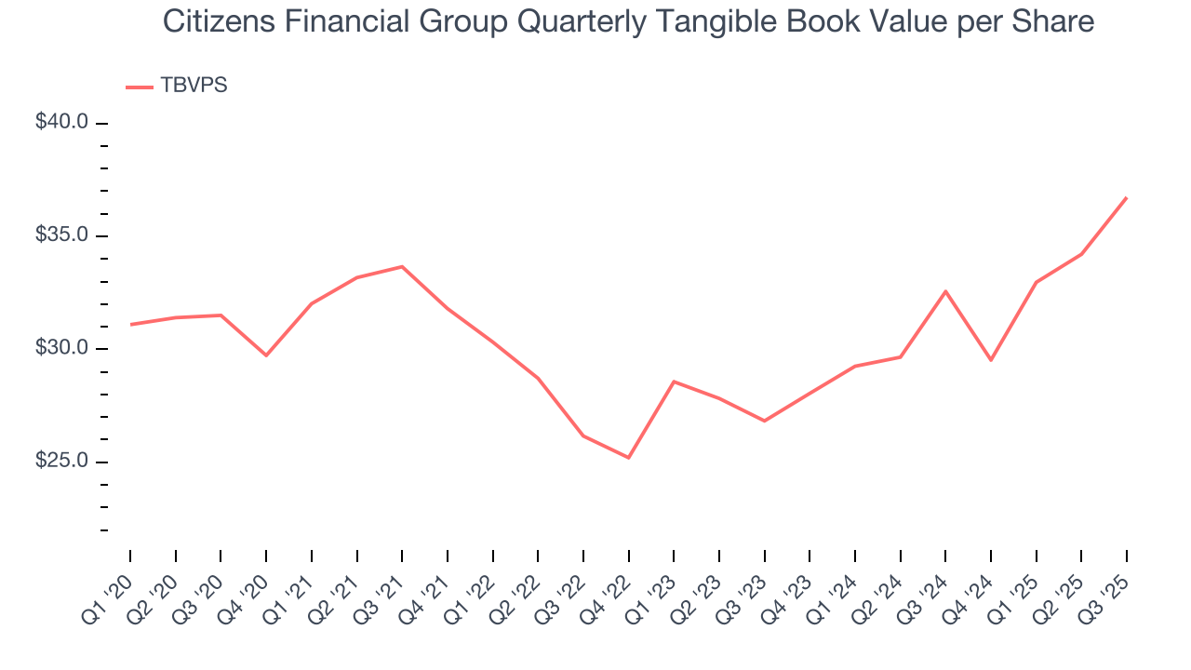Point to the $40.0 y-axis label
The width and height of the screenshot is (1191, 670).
[x=61, y=122]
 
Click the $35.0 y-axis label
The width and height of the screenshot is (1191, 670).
[x=61, y=235]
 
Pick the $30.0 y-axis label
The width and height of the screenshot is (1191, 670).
[x=61, y=348]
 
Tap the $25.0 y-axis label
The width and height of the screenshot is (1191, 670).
[x=61, y=462]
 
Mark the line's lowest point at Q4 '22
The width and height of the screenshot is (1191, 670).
[x=629, y=458]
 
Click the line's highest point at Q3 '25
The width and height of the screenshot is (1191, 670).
[x=1127, y=197]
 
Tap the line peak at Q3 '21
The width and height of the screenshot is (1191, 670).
[x=402, y=267]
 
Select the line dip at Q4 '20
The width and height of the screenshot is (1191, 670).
[x=266, y=355]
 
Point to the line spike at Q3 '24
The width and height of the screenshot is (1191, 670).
[x=945, y=291]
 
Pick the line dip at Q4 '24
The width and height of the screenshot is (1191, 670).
[x=991, y=360]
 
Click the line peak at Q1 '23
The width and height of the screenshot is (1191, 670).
[x=674, y=382]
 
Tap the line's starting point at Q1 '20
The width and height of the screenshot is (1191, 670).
[x=130, y=325]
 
